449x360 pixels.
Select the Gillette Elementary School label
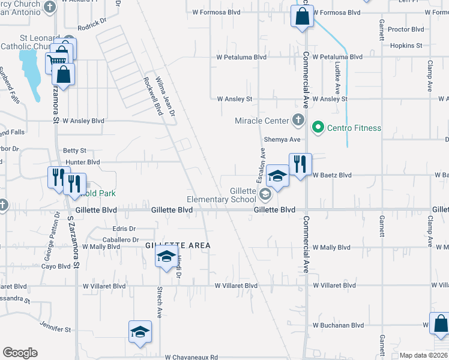[221, 195]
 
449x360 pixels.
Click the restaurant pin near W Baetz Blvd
[298, 164]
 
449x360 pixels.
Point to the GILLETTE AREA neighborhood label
[178, 245]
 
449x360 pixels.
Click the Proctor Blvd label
[406, 29]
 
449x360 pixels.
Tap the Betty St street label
[75, 151]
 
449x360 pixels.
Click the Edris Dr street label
[124, 229]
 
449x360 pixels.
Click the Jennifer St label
[56, 329]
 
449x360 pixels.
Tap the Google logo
[20, 353]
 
